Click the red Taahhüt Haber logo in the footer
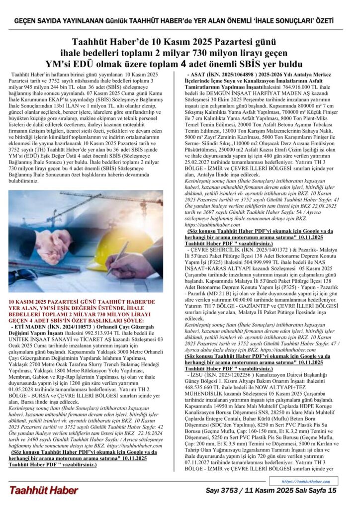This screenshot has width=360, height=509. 43,490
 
